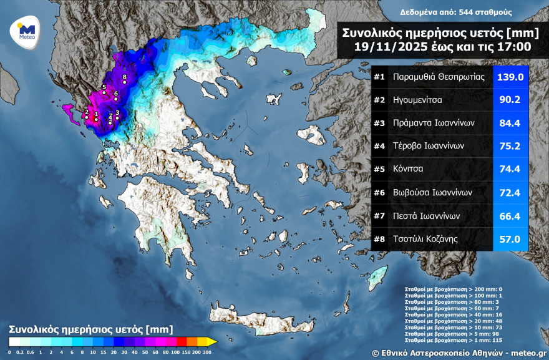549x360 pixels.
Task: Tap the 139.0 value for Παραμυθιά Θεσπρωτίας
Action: pyautogui.click(x=510, y=77)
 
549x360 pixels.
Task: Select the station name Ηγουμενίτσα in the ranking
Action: pyautogui.click(x=418, y=99)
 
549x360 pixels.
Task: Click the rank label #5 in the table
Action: pyautogui.click(x=379, y=169)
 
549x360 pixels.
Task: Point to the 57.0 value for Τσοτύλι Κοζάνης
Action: pyautogui.click(x=510, y=239)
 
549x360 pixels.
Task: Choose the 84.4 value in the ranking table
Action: pyautogui.click(x=510, y=123)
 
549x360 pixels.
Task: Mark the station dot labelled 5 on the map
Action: pyautogui.click(x=104, y=93)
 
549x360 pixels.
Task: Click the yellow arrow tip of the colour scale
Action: pyautogui.click(x=212, y=341)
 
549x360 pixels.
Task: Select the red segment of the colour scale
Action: pyautogui.click(x=182, y=341)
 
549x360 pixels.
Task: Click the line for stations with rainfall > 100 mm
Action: pyautogui.click(x=454, y=295)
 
